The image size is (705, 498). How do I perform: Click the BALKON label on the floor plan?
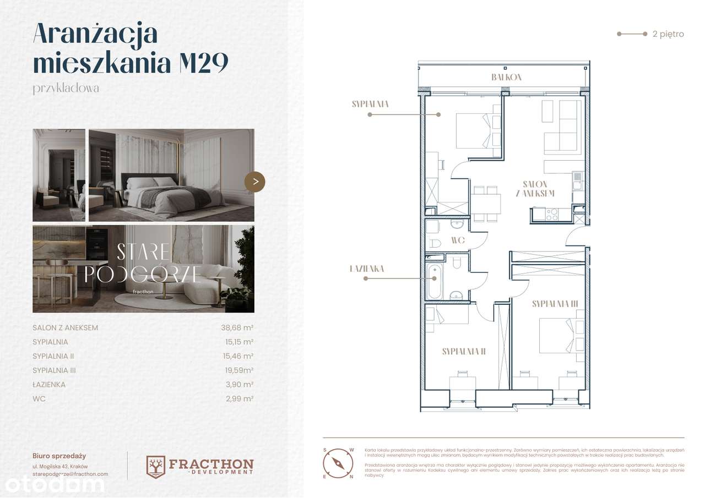coord(506,78)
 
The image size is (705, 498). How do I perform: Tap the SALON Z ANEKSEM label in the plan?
coord(535,189)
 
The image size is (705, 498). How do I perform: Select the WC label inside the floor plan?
coord(458,240)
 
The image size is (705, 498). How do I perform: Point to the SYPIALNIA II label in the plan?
coord(463,352)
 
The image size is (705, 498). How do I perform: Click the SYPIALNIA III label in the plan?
coord(554,303)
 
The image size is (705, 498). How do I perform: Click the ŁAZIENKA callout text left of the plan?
coord(366,269)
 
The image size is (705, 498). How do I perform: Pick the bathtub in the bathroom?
coord(435,281)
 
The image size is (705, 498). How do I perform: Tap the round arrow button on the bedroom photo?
coord(254,182)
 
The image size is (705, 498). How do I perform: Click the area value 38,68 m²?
coord(237,327)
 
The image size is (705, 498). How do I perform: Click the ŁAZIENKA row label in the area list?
coord(49,385)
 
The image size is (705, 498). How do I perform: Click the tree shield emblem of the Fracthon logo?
coord(156,466)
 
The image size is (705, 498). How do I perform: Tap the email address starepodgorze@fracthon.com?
coord(70,474)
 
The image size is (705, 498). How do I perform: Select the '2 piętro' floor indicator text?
coord(668,34)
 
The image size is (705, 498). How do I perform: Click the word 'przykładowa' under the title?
coord(66,88)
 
